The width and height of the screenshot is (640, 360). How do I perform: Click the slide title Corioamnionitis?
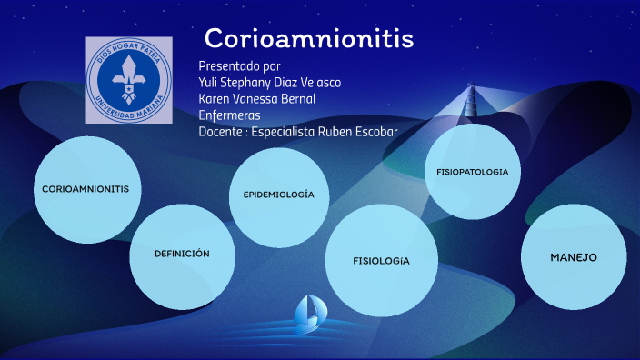point(309,39)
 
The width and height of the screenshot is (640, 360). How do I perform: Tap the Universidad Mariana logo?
point(128,81)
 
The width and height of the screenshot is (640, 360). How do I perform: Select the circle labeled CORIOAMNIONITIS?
point(87,189)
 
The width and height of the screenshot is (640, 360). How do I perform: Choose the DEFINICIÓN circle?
point(182,254)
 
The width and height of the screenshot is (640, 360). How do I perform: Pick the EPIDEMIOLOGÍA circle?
point(279,196)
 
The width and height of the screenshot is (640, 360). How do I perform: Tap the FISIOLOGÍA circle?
point(382,261)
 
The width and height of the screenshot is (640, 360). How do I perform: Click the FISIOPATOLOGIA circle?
point(472,172)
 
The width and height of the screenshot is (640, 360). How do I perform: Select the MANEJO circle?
point(574,257)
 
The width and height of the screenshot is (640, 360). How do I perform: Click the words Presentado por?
point(242,66)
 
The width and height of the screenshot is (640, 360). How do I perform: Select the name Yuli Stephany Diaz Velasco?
point(270,83)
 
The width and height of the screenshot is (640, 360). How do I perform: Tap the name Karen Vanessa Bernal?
point(256,99)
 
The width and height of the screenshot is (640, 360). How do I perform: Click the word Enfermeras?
point(229,115)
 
